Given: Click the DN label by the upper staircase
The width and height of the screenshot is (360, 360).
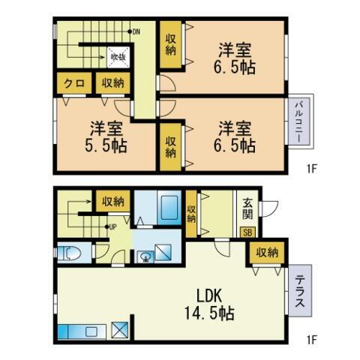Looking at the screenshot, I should [x=136, y=31].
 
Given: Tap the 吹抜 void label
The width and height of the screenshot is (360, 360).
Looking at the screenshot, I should [x=119, y=56].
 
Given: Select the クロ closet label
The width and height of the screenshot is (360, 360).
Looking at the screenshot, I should [x=73, y=84].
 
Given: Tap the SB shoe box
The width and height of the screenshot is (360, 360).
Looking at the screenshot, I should [x=247, y=232].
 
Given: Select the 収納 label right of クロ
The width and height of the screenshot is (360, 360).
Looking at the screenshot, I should [x=112, y=84].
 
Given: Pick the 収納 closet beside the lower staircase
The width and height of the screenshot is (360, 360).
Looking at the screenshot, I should [x=112, y=200].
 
